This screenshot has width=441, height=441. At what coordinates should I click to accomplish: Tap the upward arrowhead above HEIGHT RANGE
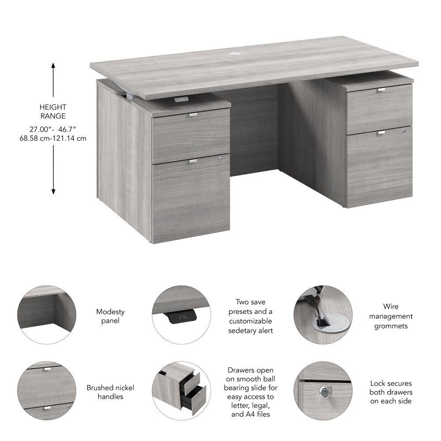tap(53, 65)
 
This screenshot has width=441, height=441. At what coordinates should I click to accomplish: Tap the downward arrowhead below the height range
tap(53, 191)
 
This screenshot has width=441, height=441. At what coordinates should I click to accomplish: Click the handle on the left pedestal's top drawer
tap(193, 114)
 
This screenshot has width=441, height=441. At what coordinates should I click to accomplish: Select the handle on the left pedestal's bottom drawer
tap(193, 161)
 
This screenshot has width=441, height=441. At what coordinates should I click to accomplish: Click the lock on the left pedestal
tap(220, 160)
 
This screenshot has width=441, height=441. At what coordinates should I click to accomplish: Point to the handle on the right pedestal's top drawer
tap(381, 90)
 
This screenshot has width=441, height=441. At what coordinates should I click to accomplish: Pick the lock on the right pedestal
tap(404, 131)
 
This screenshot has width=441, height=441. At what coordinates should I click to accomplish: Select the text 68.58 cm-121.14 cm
tap(53, 138)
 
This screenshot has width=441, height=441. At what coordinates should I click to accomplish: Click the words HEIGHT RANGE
tap(53, 112)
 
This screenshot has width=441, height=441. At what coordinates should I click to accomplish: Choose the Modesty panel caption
tap(110, 316)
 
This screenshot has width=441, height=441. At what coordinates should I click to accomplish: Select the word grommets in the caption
tap(391, 326)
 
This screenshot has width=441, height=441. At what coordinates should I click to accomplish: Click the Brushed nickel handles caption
tap(110, 392)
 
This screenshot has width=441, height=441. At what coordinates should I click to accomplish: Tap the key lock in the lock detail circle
tap(325, 391)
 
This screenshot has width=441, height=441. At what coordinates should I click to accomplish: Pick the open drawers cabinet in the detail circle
tap(180, 389)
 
